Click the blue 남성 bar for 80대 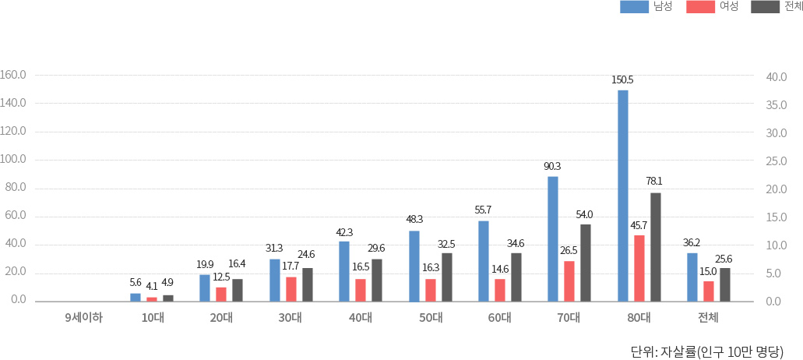click(x=622, y=196)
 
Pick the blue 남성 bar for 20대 click(x=205, y=288)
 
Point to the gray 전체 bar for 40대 click(x=377, y=280)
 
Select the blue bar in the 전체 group click(x=692, y=277)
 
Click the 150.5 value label click(x=622, y=79)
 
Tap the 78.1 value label click(x=654, y=182)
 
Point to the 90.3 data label click(x=552, y=166)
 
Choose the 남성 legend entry click(x=646, y=7)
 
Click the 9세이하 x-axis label click(x=84, y=317)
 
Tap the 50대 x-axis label click(x=430, y=317)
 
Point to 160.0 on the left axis click(x=14, y=76)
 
